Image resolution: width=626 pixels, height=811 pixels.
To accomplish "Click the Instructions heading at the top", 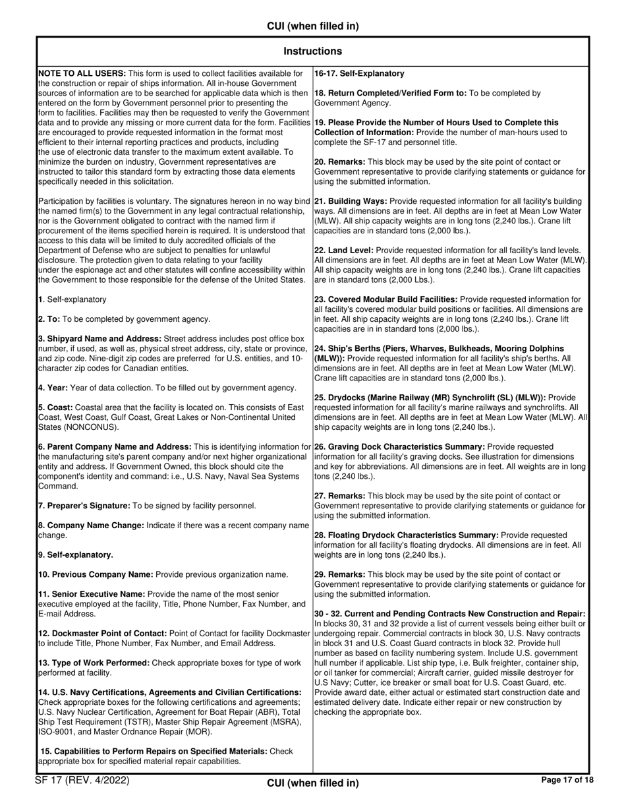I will coord(312,51).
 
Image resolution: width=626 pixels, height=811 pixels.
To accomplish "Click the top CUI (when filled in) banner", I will coord(312,26).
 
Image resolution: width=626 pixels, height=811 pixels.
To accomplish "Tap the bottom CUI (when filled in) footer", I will coord(312,783).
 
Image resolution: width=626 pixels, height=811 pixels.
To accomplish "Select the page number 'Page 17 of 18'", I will coord(567,780).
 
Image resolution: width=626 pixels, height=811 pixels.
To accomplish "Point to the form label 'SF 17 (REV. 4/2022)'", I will coord(82,781).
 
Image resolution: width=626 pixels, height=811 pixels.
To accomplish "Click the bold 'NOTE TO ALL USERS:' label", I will coord(82,73).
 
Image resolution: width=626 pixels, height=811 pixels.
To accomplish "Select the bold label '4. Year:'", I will coord(53,388).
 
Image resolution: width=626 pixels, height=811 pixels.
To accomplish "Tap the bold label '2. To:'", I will coord(49,319).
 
